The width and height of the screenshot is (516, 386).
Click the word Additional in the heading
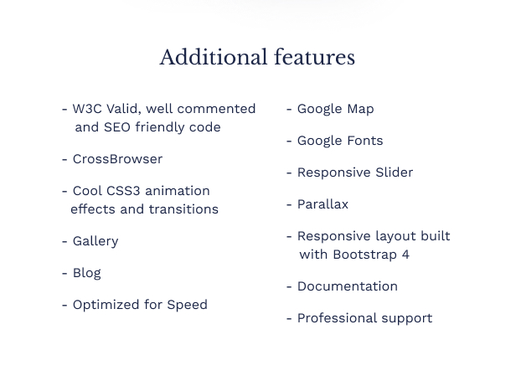coord(214,57)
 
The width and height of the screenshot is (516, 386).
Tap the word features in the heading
coord(315,57)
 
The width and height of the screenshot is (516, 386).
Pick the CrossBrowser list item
coord(117,159)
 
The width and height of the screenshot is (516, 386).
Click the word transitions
coord(183,209)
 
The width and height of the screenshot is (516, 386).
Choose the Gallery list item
coord(95,241)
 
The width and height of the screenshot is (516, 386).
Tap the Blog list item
coord(87,274)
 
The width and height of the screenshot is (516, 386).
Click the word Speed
coord(188,305)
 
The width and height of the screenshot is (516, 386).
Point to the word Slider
coord(395,172)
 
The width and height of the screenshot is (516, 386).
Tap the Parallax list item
coord(322,204)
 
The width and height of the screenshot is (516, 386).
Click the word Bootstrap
coord(365,255)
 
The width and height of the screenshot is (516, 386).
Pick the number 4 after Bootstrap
coord(405,255)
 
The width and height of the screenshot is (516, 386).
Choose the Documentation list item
coord(348,286)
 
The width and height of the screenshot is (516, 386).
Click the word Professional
coord(338,318)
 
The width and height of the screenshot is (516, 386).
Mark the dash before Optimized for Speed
coord(64,306)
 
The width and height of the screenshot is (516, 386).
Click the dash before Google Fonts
coord(289,142)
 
